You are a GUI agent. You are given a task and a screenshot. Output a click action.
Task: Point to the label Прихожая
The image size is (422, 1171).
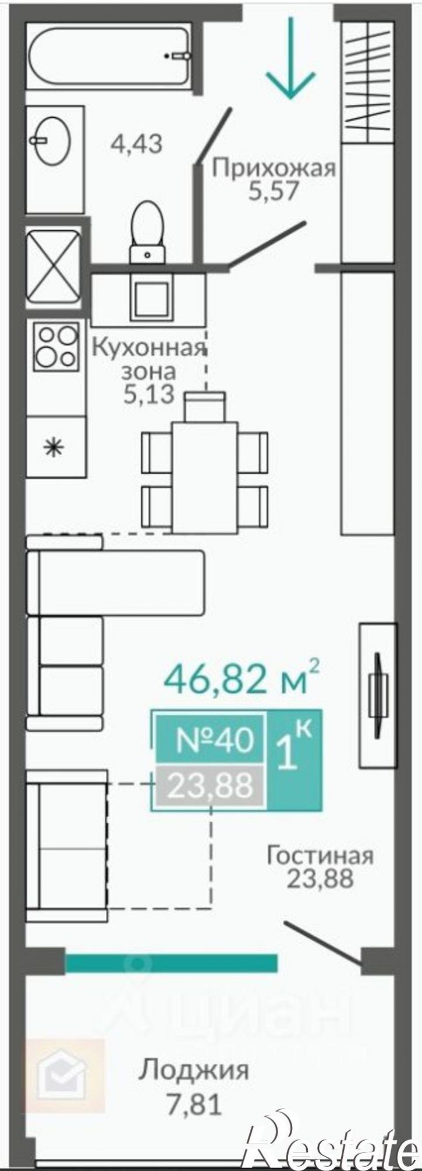pyautogui.click(x=274, y=169)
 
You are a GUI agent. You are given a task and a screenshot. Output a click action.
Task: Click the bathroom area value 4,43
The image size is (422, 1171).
pyautogui.click(x=136, y=143)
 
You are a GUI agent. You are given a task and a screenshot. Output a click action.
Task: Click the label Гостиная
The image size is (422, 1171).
pyautogui.click(x=320, y=856)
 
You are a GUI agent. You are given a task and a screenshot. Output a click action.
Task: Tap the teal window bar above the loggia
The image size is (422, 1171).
pyautogui.click(x=171, y=962)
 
